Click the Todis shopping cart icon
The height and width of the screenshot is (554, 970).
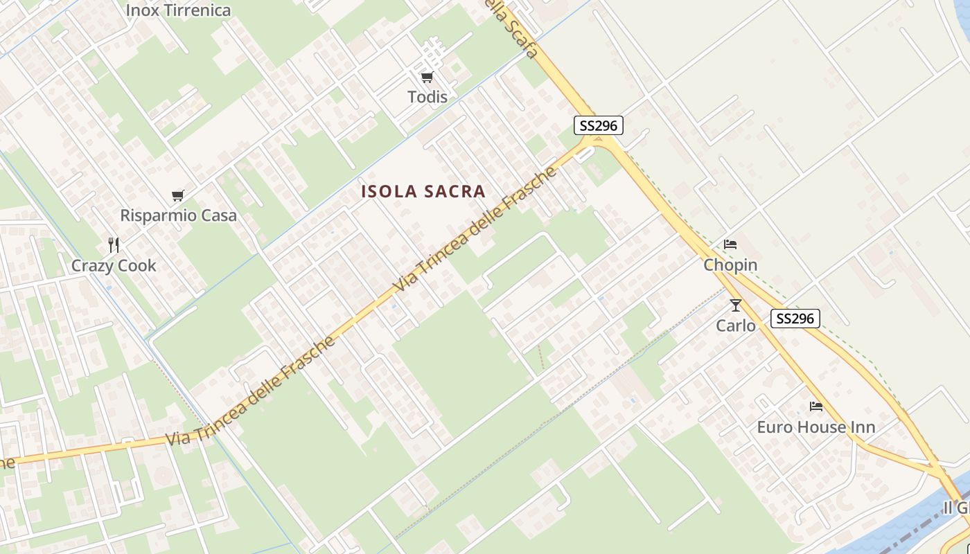(427, 77)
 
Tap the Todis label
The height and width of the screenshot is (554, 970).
(427, 97)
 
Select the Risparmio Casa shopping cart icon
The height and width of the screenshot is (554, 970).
(178, 196)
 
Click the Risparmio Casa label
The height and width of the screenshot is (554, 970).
(178, 215)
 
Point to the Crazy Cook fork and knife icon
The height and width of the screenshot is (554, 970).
(114, 244)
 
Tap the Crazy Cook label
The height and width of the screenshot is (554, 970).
(114, 265)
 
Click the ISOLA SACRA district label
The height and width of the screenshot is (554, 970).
(423, 192)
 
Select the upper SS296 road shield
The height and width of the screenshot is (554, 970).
(599, 125)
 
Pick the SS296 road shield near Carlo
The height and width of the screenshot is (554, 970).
(795, 319)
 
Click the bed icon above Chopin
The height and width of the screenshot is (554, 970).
(730, 244)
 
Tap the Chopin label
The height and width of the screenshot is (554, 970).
(730, 265)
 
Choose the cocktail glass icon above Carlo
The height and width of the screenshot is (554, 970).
(735, 305)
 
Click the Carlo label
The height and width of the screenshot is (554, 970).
(735, 325)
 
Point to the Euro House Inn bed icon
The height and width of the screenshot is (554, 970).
(816, 406)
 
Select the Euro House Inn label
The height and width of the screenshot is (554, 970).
(815, 427)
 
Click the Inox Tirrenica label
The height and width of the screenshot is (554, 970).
(178, 10)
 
